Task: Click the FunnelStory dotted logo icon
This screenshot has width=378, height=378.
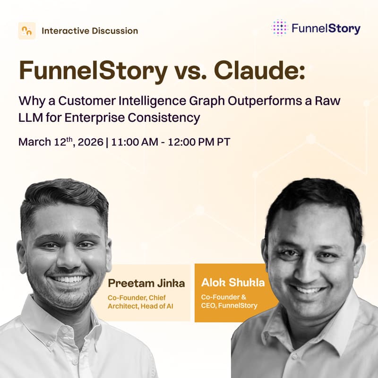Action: [280, 28]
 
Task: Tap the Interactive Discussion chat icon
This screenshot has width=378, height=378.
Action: [26, 31]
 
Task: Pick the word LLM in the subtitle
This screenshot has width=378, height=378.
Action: [31, 118]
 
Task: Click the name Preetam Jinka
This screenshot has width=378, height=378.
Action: [146, 283]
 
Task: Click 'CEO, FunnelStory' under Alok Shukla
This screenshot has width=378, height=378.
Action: [229, 306]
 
